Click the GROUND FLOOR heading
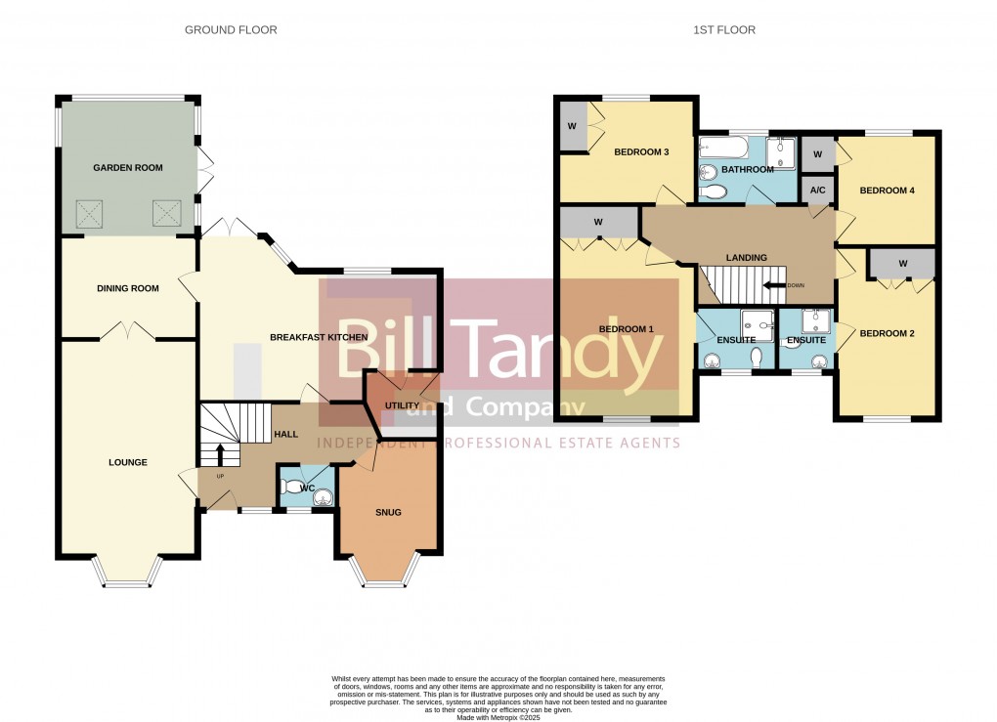click(231, 30)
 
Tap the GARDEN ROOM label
click(128, 168)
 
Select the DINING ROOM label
click(128, 288)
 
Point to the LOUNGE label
click(128, 462)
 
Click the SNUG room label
click(388, 512)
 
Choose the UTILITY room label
click(402, 405)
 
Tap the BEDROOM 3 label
click(641, 152)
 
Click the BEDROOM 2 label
click(887, 333)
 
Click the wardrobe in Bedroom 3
click(572, 128)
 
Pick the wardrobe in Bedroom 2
click(902, 263)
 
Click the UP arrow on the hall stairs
click(220, 454)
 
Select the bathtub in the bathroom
click(724, 149)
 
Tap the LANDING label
click(746, 257)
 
